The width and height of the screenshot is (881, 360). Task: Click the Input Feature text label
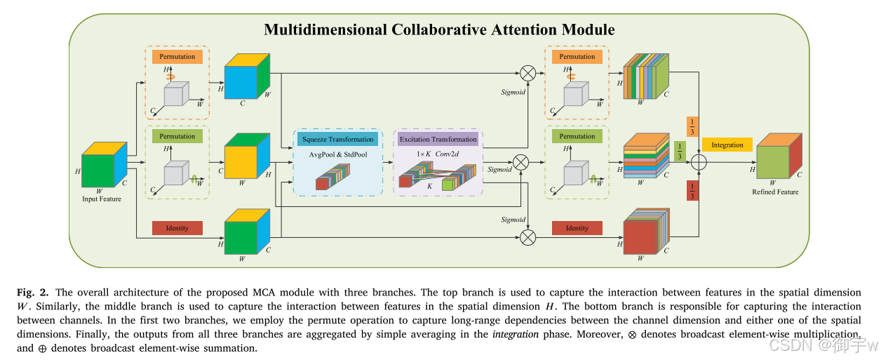coord(101,199)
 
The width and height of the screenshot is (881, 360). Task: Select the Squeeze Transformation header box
coord(337,139)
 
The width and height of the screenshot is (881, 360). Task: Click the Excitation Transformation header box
coord(438,139)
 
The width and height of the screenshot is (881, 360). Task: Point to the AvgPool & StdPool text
coord(337,154)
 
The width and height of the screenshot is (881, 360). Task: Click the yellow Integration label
coord(727,145)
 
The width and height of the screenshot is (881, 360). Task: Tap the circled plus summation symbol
coord(699,162)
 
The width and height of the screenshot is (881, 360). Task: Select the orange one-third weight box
coord(692,126)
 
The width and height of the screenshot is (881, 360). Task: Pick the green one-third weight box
coord(679,149)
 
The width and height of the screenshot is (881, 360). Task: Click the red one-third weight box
coord(692,190)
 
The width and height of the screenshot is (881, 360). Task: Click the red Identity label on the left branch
coord(177,227)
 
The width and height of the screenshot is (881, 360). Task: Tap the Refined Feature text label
coord(775,192)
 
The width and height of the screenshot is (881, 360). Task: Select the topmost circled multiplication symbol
coord(527,72)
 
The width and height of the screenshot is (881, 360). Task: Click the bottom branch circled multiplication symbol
coord(527,237)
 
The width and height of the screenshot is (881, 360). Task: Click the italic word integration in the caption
coord(516,334)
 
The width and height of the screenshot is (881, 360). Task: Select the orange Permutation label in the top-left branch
coord(177,56)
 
